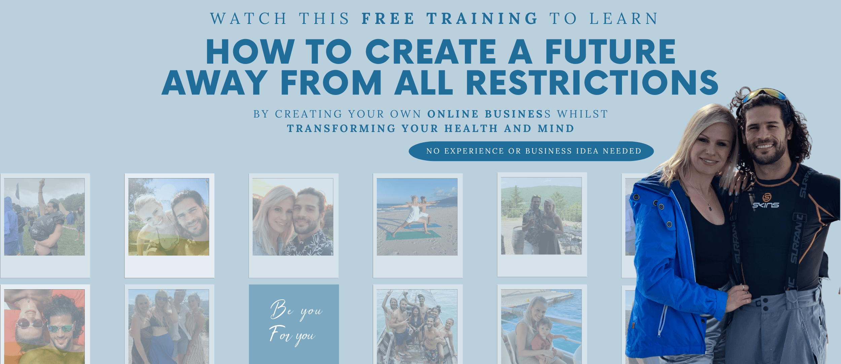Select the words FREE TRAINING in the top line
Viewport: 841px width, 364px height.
(x=450, y=19)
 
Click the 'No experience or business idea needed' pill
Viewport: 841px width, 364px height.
(x=531, y=151)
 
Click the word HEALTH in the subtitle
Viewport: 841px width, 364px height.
(x=471, y=129)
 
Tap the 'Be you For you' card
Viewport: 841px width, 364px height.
(x=294, y=324)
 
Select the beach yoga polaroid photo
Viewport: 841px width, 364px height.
(x=417, y=217)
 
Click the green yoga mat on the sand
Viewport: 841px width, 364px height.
(x=413, y=235)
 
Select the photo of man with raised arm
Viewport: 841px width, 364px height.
(x=44, y=217)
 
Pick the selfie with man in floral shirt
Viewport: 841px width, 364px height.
(x=293, y=217)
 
